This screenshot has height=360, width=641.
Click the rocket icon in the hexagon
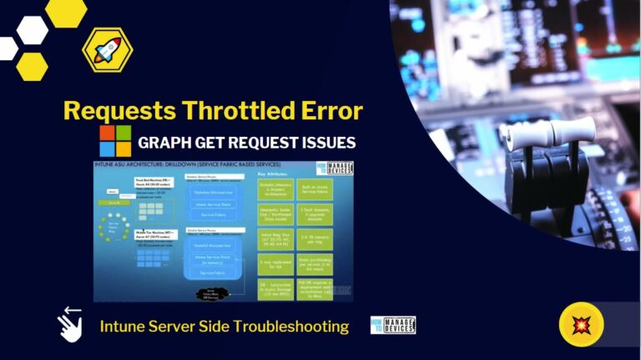(x=107, y=52)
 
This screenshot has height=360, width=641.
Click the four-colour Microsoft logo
(x=115, y=141)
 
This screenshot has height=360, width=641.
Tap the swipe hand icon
(x=69, y=325)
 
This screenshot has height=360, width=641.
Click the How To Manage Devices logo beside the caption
(x=392, y=325)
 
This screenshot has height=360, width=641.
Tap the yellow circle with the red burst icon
(x=581, y=324)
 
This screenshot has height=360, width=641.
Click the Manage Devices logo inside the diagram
(x=338, y=170)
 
